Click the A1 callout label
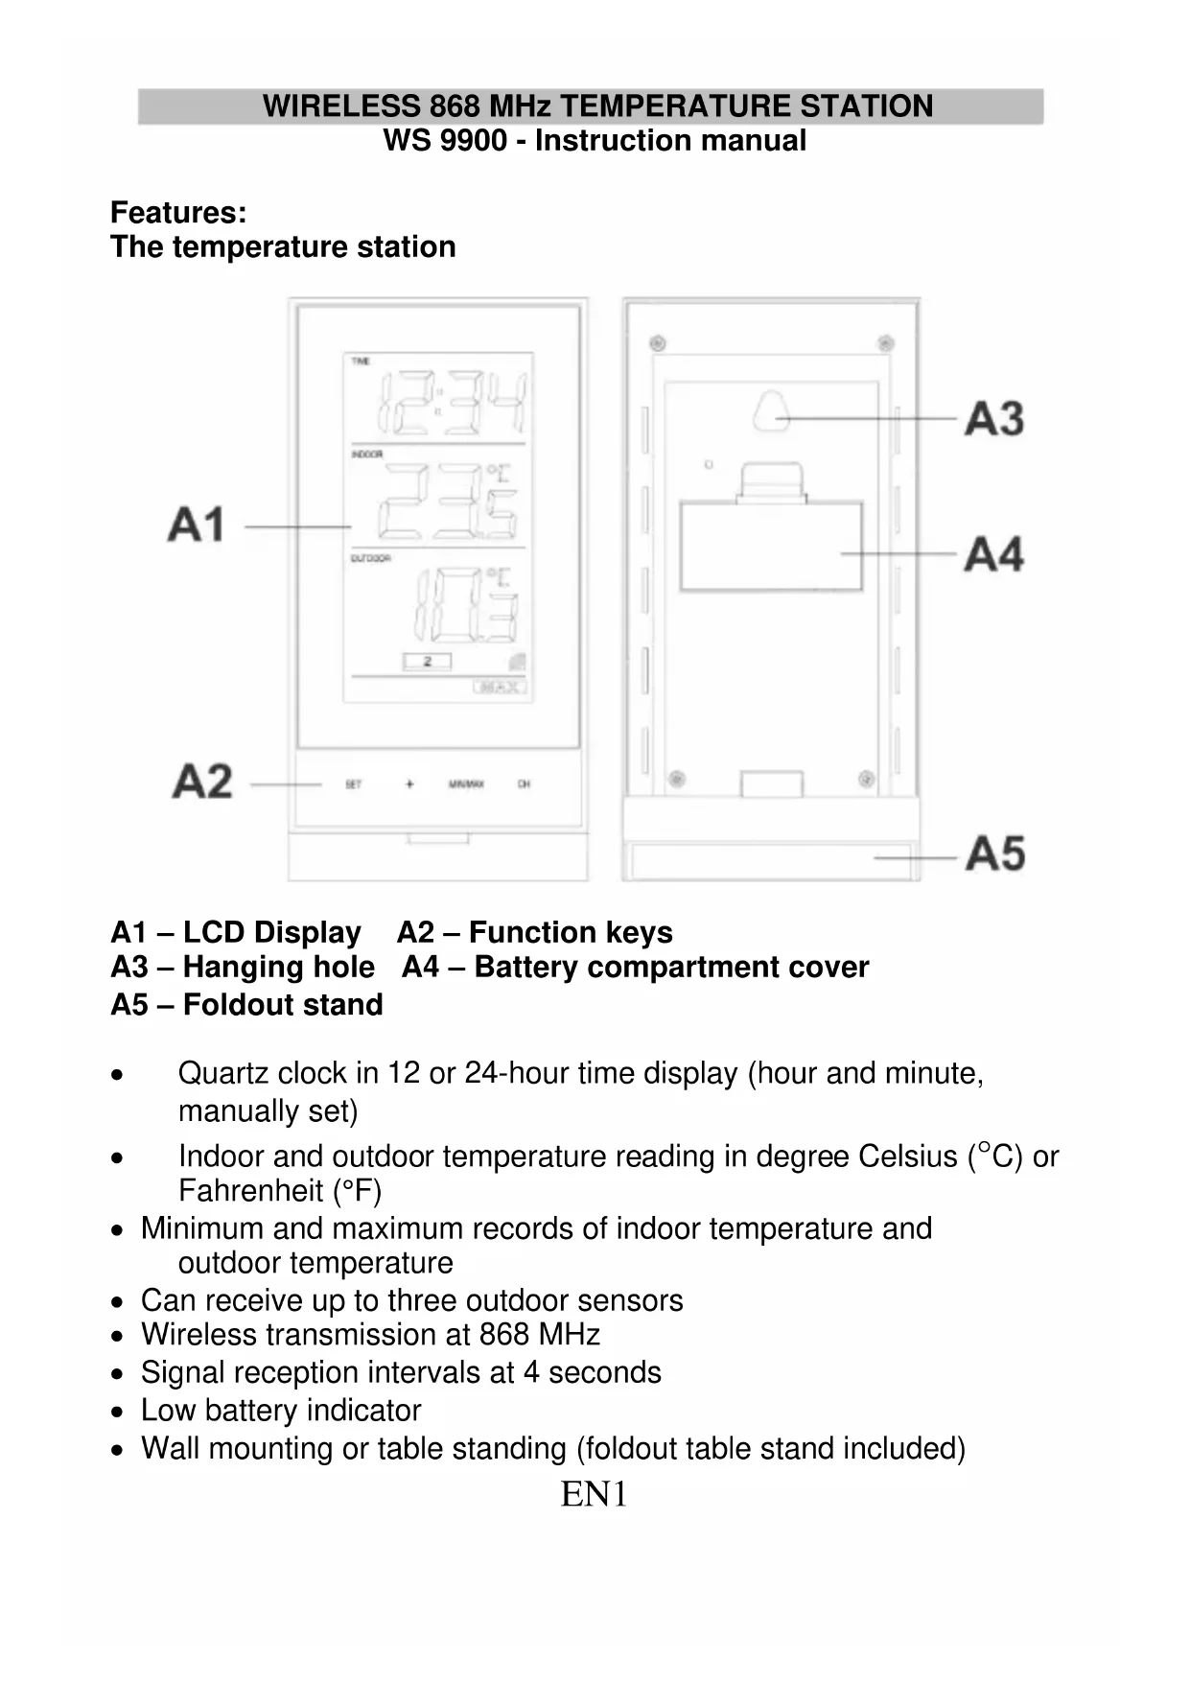(x=196, y=525)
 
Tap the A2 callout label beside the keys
(x=202, y=781)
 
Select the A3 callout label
(x=994, y=419)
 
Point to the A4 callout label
(x=994, y=554)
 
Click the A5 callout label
(x=995, y=853)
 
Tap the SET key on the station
(x=353, y=784)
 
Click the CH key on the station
(x=524, y=784)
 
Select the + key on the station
(x=409, y=784)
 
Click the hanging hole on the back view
(x=771, y=411)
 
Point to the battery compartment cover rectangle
(x=770, y=547)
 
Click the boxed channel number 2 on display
(x=428, y=662)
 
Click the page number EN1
(x=594, y=1494)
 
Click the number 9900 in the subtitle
(x=473, y=140)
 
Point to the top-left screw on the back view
(x=657, y=343)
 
